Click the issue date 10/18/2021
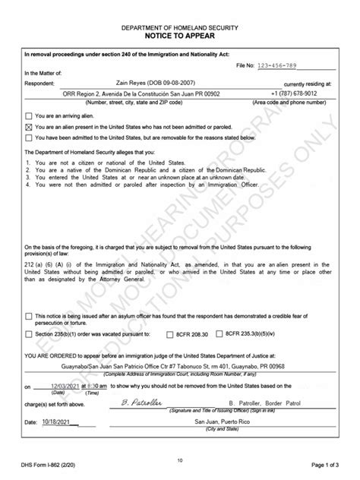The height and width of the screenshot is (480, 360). tap(54, 420)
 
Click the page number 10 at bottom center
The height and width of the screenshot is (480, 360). tap(180, 459)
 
